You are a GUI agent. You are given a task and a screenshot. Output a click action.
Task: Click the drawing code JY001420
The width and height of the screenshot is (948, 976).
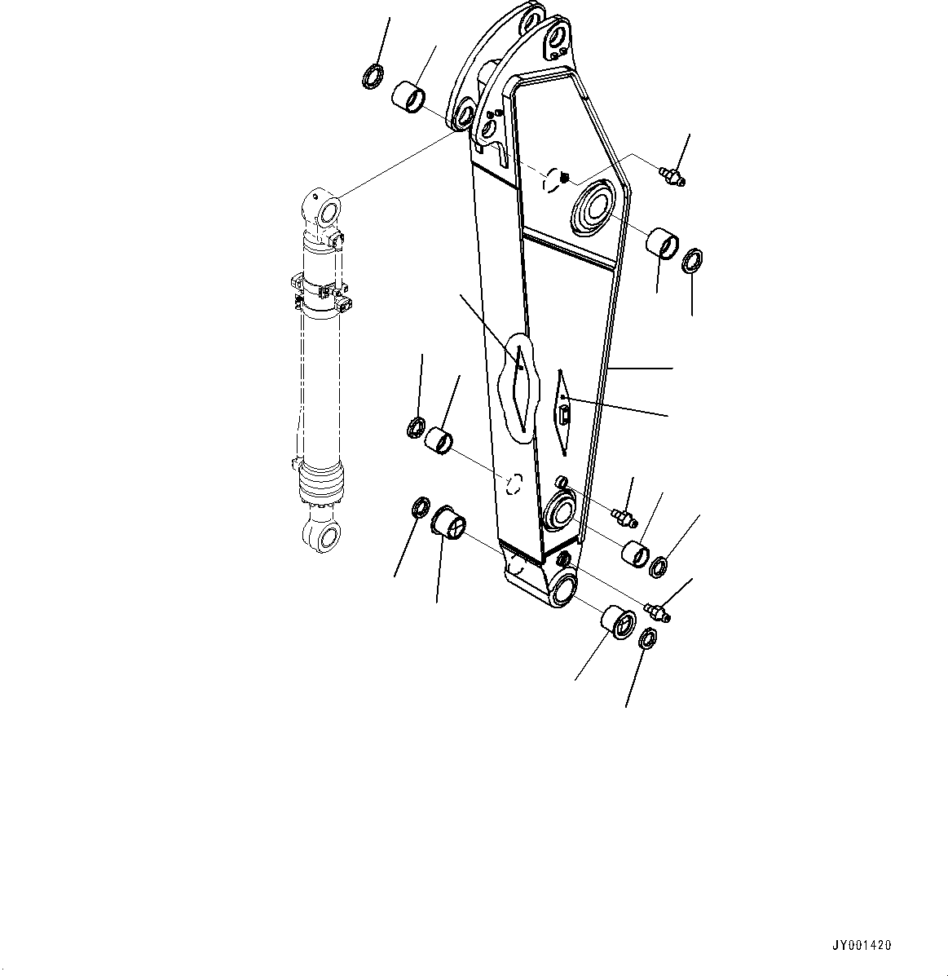[x=862, y=946]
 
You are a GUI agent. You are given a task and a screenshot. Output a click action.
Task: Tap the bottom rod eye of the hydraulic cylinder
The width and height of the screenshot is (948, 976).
[x=324, y=537]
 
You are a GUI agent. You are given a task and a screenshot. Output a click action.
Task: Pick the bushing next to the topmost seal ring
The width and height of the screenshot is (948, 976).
[x=409, y=95]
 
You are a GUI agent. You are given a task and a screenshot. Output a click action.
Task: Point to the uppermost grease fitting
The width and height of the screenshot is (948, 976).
[x=672, y=174]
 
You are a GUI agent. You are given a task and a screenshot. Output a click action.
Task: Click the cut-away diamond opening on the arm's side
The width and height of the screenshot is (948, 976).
[x=518, y=379]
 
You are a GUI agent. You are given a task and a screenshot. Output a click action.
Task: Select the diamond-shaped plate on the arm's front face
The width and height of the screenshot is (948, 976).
[x=563, y=412]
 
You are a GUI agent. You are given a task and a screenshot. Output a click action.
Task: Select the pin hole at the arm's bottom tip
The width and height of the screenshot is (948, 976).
[x=562, y=589]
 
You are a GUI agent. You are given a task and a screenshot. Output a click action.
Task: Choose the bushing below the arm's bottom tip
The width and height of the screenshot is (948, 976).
[x=618, y=622]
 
